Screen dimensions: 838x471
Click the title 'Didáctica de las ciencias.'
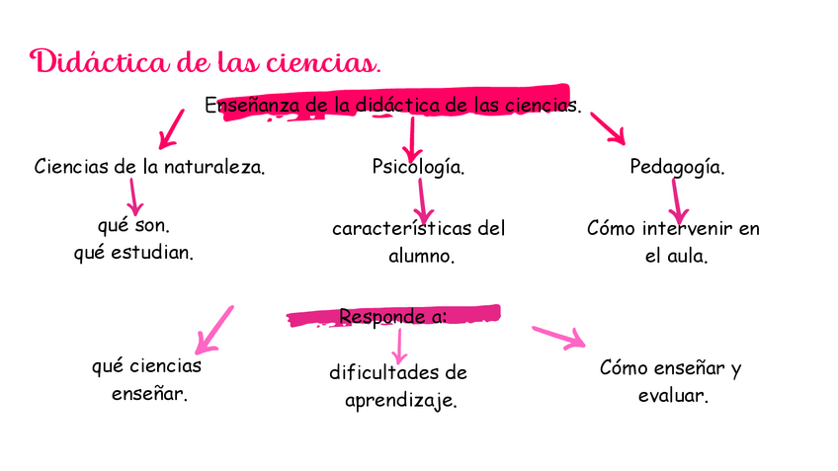point(206,63)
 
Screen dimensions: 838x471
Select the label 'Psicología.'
point(418,167)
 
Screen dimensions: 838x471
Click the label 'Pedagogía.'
point(677,167)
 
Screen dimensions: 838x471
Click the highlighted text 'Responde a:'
point(392,317)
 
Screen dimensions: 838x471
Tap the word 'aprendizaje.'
point(400,402)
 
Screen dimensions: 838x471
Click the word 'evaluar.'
point(672,396)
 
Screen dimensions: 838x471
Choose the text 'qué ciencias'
point(146,366)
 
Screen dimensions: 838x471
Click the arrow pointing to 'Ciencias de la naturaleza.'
point(171,127)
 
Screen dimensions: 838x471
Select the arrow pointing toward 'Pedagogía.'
point(608,127)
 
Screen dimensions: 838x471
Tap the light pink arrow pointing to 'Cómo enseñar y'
point(557,337)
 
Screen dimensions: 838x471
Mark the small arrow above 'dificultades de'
point(398,345)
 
